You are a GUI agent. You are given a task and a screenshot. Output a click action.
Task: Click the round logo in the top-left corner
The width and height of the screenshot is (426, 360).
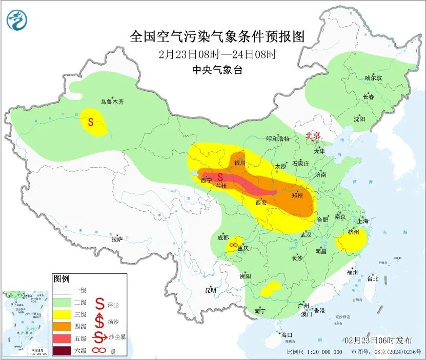pos(17,19)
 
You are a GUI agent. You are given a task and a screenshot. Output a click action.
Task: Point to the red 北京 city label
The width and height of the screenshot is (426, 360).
pos(313,135)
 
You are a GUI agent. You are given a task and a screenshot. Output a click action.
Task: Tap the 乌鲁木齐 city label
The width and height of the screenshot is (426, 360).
pos(112,102)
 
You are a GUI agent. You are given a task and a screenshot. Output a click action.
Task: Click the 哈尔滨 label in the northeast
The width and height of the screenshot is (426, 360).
pos(373,78)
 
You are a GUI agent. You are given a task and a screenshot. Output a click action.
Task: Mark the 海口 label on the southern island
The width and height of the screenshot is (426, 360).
pos(287,335)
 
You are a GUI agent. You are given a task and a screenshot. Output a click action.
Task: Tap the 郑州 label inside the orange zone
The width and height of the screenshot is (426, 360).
pos(297,195)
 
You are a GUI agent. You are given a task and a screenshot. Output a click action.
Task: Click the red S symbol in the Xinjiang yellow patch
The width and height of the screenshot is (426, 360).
pos(91,122)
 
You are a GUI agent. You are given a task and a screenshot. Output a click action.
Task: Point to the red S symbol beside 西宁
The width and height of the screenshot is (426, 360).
pos(220,176)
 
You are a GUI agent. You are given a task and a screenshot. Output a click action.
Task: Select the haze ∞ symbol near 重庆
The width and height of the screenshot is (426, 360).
pos(233,245)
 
